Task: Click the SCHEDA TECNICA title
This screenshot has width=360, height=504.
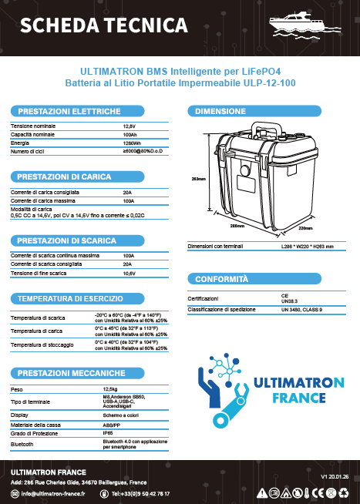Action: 105,25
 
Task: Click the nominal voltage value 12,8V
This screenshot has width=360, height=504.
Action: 130,126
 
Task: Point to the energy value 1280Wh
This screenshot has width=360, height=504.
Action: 133,143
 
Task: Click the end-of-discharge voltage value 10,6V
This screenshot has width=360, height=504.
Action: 130,273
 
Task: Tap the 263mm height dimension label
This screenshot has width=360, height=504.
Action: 199,178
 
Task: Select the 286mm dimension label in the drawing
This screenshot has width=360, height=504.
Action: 237,227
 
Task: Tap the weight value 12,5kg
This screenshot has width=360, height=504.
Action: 109,389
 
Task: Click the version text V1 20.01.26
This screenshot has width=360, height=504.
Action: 335,477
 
